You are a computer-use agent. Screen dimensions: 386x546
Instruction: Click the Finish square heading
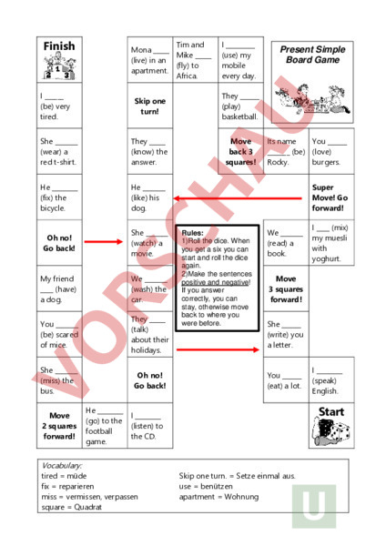(59, 46)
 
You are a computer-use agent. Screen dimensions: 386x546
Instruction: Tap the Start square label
(331, 413)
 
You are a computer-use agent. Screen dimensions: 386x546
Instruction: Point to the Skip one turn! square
(149, 106)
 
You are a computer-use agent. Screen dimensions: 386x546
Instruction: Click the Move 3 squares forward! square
(286, 288)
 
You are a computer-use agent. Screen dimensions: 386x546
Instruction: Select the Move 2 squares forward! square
(59, 425)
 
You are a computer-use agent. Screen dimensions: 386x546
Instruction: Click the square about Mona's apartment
(149, 60)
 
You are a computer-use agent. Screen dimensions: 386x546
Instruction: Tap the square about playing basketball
(240, 106)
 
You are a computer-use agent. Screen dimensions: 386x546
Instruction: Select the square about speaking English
(330, 379)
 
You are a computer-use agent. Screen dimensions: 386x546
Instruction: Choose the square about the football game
(104, 425)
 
